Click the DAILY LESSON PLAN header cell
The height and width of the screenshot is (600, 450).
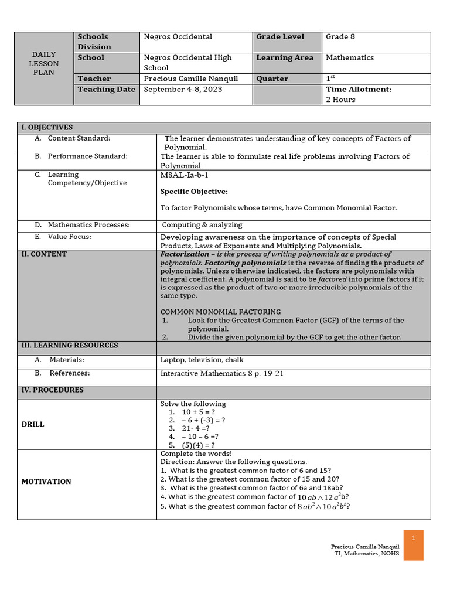44,63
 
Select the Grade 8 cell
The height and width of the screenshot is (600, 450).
340,37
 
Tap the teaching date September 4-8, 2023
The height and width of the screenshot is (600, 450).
183,90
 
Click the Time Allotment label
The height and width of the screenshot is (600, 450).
358,90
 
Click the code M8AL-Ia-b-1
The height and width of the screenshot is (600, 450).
184,175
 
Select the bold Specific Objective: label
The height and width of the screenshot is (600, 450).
194,192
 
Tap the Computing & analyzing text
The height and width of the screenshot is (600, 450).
202,225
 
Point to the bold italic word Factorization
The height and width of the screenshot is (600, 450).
184,254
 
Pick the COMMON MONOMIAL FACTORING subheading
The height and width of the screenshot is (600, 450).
220,312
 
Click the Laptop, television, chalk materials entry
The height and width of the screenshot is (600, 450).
202,360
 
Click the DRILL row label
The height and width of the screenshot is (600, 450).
33,424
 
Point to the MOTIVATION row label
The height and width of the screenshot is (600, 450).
46,482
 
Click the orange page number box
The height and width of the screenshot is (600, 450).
413,545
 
